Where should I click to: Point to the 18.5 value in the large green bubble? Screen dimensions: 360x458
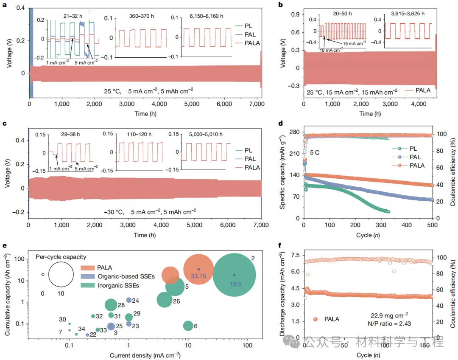pyautogui.click(x=234, y=281)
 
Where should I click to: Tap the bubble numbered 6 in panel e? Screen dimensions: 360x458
pyautogui.click(x=188, y=326)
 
